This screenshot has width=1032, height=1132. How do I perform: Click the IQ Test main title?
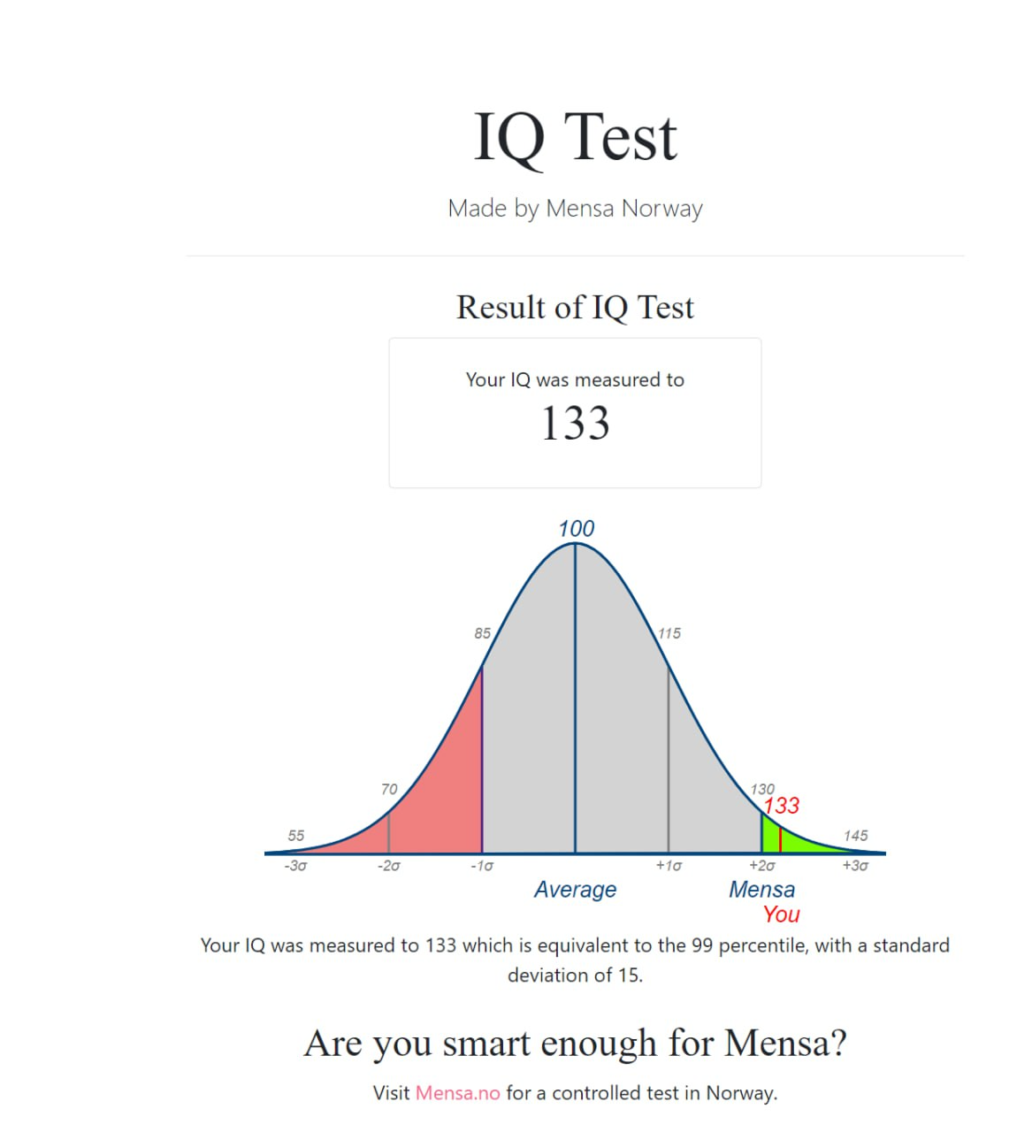coord(575,138)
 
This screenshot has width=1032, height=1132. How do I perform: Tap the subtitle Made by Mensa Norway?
coord(575,209)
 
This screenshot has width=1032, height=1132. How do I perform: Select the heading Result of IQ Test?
coord(575,308)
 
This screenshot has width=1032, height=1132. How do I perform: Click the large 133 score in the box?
coord(575,423)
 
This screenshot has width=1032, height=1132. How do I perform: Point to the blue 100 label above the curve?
coord(576,529)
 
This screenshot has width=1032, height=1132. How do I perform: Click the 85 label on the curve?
coord(482,633)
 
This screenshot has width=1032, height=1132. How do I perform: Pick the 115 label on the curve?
coord(669,633)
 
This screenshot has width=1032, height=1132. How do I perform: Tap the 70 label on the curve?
coord(389,789)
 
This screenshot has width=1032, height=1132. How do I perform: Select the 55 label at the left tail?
coord(296,836)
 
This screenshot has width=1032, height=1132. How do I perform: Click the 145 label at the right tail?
coord(855,836)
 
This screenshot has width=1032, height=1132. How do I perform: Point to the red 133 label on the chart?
coord(782,806)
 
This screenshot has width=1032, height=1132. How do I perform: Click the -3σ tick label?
coord(295,866)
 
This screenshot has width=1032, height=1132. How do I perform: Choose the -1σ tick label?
coord(482,866)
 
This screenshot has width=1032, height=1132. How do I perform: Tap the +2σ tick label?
coord(761,866)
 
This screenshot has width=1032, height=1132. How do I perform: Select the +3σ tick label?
coord(855,866)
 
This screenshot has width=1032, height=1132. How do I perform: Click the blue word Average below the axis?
coord(575,890)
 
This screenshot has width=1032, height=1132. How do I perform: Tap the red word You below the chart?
coord(782,914)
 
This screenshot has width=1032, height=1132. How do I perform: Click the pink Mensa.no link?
coord(457,1093)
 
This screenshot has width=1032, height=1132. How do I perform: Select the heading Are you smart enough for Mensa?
coord(575,1044)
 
